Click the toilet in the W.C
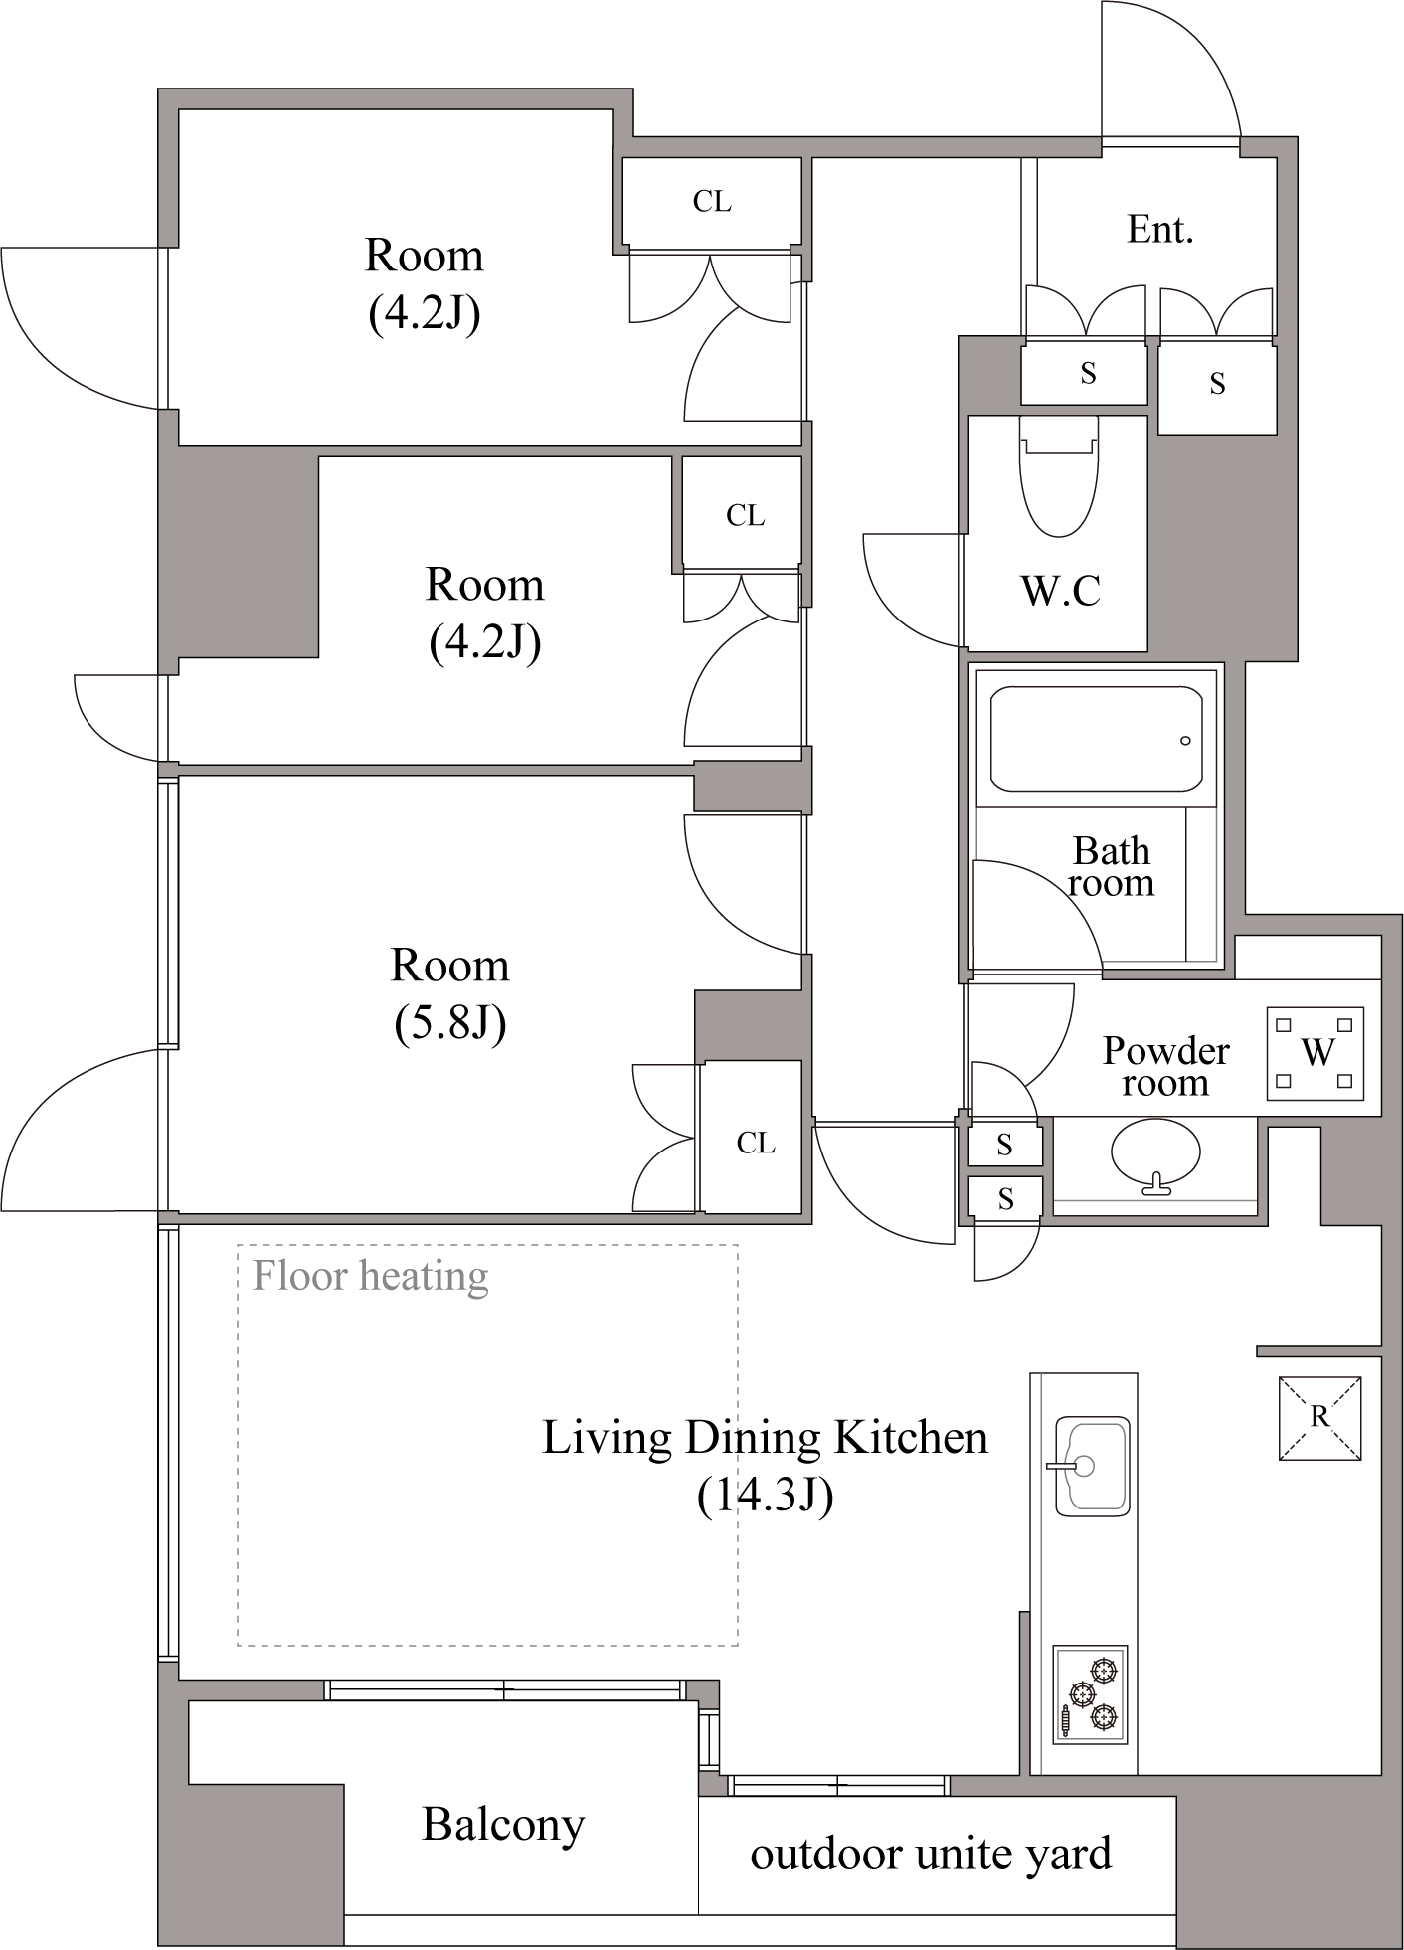tap(1059, 476)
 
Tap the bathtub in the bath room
tap(1097, 739)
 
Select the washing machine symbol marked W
tap(1316, 1054)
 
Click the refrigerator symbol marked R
tap(1319, 1418)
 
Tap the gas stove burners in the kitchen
tap(1091, 1693)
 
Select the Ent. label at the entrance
tap(1159, 230)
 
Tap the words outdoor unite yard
tap(931, 1854)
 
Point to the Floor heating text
tap(370, 1276)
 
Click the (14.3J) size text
tap(765, 1495)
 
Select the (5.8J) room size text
tap(450, 1022)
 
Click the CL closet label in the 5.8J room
tap(756, 1143)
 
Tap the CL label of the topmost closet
tap(712, 202)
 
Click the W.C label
tap(1060, 591)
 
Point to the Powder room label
tap(1165, 1066)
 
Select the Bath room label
tap(1112, 866)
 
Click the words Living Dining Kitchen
tap(765, 1438)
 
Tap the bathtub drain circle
tap(1185, 741)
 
